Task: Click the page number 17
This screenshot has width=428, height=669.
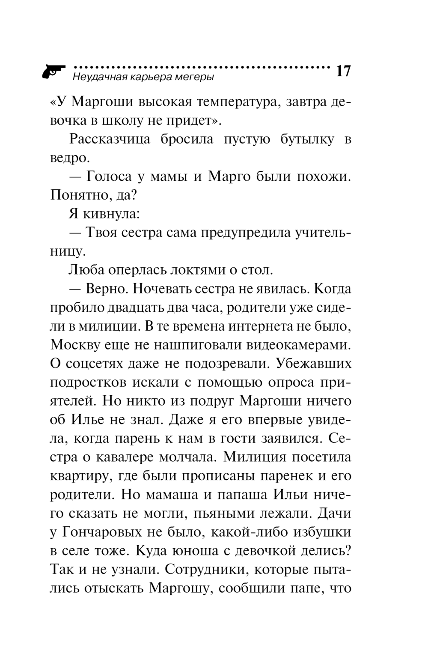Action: tap(343, 71)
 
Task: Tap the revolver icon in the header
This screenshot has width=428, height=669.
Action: tap(53, 72)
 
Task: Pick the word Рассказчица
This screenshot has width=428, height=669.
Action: tap(110, 140)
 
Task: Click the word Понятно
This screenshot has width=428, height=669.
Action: tap(75, 196)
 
